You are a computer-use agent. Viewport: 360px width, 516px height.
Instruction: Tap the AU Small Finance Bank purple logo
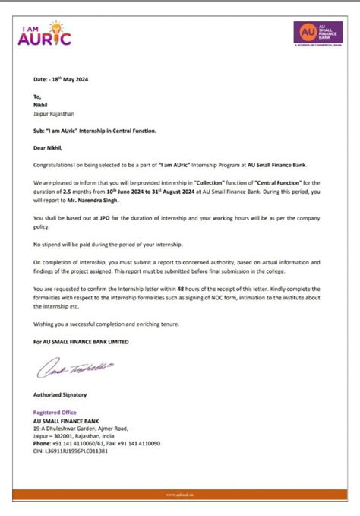(x=317, y=33)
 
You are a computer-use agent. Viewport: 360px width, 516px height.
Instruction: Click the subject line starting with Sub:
(x=95, y=131)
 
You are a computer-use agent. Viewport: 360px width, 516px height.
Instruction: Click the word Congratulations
(x=56, y=164)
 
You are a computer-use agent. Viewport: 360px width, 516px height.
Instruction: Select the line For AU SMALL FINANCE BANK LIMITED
(x=81, y=342)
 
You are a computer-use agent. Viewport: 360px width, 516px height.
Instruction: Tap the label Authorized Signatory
(x=60, y=395)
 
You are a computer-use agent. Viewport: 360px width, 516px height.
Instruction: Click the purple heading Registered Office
(x=55, y=413)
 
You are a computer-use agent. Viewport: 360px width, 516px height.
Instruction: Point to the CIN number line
(x=70, y=451)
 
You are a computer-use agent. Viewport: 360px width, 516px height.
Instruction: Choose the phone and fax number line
(x=96, y=443)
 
